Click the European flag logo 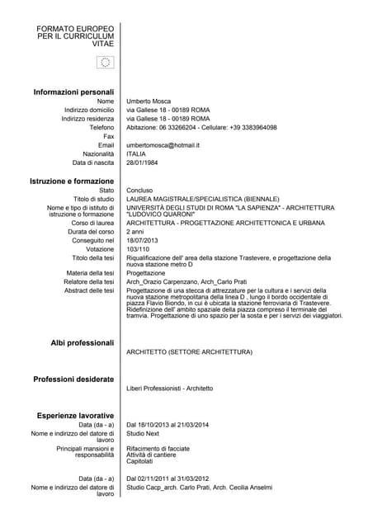(x=105, y=64)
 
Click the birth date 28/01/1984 (x=143, y=163)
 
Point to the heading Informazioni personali (x=73, y=92)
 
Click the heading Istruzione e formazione (x=72, y=181)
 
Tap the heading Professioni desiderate (x=73, y=379)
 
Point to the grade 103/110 (x=139, y=248)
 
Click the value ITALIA (x=136, y=153)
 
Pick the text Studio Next (x=143, y=433)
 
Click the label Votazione (x=100, y=248)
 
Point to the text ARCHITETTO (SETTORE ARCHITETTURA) (x=189, y=352)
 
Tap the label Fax (x=108, y=136)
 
